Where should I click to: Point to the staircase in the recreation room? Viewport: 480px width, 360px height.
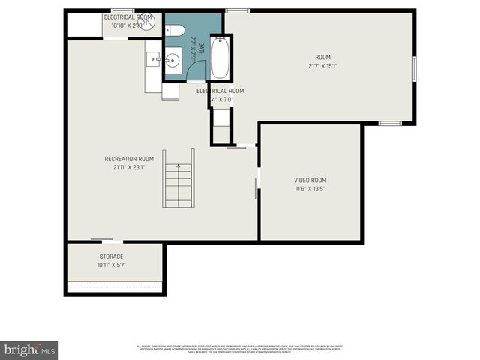pos(178,185)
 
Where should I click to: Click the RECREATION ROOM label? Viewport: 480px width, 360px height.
pos(129,159)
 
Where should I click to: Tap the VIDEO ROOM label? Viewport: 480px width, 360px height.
pos(310,180)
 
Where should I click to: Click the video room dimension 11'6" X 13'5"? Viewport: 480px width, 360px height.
pos(310,189)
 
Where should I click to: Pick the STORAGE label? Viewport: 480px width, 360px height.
pos(111,256)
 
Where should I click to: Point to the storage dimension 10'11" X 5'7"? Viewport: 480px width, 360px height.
pos(111,265)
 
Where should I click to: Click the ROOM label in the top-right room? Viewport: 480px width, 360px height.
pos(322,58)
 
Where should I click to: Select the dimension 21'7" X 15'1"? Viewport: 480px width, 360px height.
pos(322,66)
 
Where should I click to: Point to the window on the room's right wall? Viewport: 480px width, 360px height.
pos(413,67)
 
